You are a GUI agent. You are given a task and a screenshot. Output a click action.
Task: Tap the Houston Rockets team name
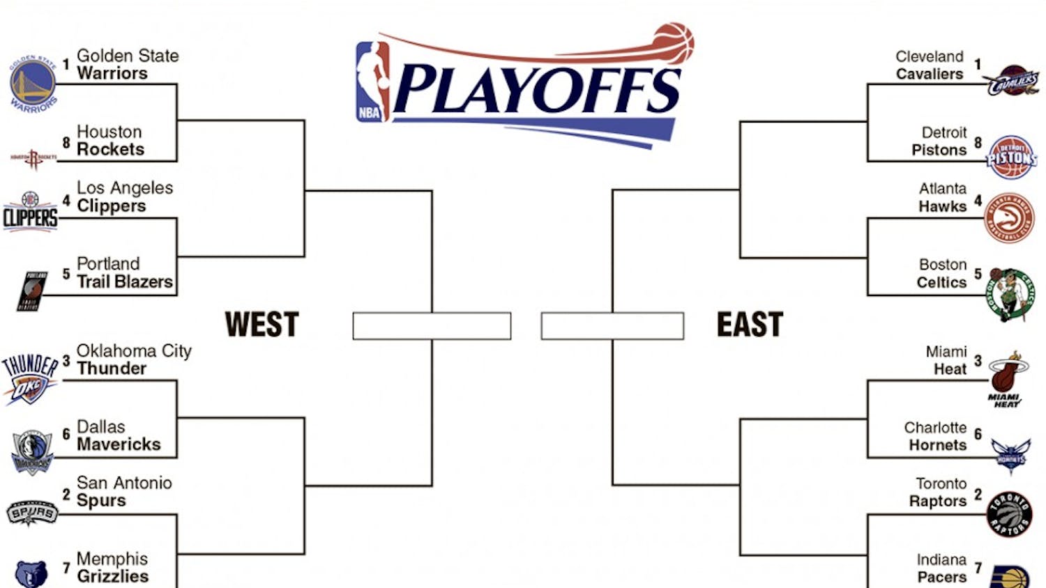tap(110, 141)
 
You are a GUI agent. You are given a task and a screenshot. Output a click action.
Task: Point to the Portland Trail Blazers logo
tap(33, 291)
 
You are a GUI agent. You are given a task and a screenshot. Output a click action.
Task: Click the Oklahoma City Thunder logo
tap(29, 378)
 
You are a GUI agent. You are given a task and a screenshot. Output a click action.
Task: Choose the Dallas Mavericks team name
tap(118, 436)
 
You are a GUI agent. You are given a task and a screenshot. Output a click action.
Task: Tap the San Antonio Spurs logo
tap(31, 513)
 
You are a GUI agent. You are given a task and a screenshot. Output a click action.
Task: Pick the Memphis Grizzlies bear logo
tap(31, 574)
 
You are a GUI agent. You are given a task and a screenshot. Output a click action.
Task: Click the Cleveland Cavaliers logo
tap(1013, 81)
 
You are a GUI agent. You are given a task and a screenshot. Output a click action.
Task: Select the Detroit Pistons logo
tap(1012, 157)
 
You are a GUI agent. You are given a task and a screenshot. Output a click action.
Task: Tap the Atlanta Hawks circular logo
tap(1009, 218)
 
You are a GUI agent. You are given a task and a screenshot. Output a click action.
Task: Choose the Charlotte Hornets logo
tap(1010, 456)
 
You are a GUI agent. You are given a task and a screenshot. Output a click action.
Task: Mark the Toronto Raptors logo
tap(1009, 515)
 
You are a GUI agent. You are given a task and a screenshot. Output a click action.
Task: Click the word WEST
tap(261, 325)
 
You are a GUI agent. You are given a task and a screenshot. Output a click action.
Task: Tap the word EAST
tap(750, 325)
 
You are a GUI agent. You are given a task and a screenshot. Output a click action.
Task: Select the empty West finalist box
tap(432, 326)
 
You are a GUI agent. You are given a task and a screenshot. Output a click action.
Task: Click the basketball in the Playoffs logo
tap(673, 43)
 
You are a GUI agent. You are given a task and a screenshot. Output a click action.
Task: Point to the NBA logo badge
tap(372, 82)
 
